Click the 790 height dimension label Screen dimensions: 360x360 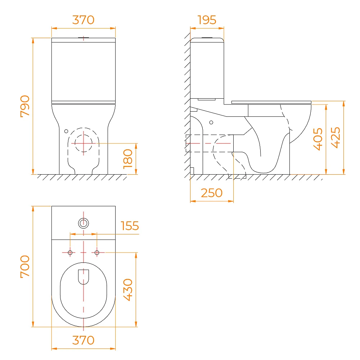(x=25, y=106)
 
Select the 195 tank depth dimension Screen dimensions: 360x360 (x=207, y=20)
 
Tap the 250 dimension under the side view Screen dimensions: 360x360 (x=212, y=193)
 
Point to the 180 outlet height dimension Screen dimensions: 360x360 (x=128, y=159)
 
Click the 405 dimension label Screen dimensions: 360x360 (x=318, y=139)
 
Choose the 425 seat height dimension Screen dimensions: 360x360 (x=336, y=138)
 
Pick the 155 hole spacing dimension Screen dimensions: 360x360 (x=130, y=226)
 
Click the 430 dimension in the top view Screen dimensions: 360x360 (x=128, y=290)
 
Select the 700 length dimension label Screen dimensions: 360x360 (x=25, y=266)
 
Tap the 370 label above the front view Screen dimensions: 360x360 (x=84, y=20)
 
